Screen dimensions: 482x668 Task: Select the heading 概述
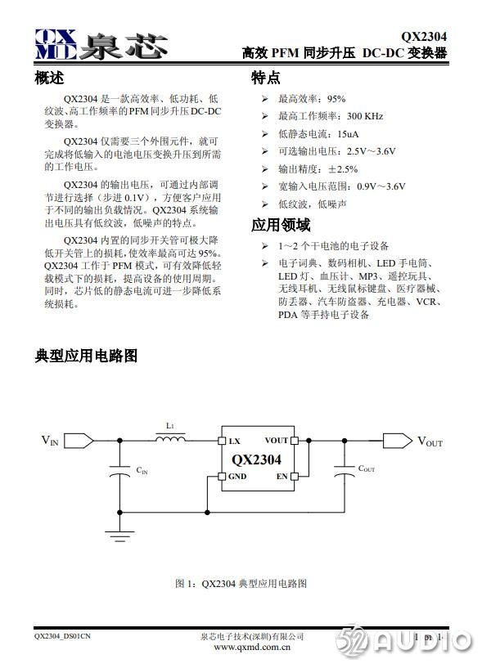tap(49, 78)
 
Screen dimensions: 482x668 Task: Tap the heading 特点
tap(265, 78)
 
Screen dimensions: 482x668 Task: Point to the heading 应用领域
tap(281, 225)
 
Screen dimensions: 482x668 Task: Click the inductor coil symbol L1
tap(170, 440)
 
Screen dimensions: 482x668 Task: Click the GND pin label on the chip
tap(237, 476)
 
